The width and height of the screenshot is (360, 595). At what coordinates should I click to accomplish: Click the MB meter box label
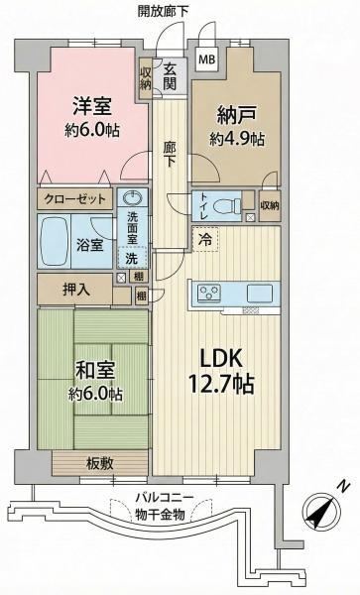207,59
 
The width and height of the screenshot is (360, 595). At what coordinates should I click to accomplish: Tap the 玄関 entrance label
170,76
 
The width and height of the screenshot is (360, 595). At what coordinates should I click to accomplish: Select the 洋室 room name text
92,106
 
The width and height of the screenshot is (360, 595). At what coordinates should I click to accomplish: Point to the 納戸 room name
237,115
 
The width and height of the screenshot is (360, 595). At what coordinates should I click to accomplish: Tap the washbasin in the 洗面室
132,197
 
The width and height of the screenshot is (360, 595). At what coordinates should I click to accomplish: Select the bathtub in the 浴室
54,241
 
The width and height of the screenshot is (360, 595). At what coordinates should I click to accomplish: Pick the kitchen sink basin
260,293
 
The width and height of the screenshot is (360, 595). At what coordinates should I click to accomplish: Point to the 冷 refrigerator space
205,239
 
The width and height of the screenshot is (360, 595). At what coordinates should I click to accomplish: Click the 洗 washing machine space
132,259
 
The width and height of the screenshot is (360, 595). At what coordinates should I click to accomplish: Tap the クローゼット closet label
75,199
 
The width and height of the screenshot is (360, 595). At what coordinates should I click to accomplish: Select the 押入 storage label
76,290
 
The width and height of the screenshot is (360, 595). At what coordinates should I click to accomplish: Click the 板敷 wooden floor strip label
100,463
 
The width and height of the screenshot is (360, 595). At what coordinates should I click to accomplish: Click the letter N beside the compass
343,486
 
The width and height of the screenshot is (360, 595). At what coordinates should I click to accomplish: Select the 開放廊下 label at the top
163,11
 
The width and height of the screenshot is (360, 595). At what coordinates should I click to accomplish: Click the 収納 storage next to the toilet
270,205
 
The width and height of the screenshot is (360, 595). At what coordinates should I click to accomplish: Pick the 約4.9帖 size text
237,139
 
